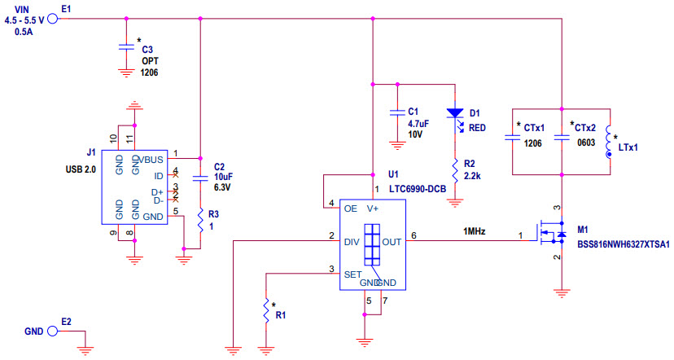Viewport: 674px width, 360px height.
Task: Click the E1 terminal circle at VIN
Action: pyautogui.click(x=53, y=18)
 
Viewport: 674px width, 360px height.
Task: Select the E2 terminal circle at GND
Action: pyautogui.click(x=53, y=332)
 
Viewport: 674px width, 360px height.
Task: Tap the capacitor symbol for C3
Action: pyautogui.click(x=125, y=47)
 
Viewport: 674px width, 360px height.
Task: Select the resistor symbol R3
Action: pyautogui.click(x=200, y=220)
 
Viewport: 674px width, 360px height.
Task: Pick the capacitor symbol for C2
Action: pyautogui.click(x=200, y=176)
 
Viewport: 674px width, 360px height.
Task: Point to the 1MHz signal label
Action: pyautogui.click(x=475, y=231)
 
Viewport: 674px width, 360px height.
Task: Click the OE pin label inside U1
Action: pyautogui.click(x=351, y=209)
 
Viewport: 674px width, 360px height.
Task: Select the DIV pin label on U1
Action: pyautogui.click(x=352, y=242)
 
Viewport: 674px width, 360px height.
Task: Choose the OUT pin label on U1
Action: pyautogui.click(x=392, y=242)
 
